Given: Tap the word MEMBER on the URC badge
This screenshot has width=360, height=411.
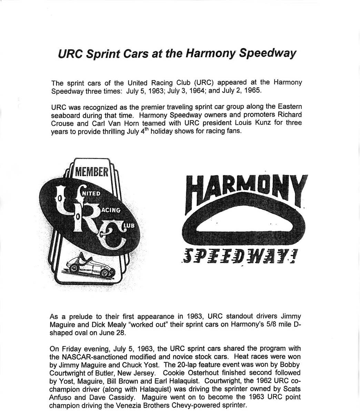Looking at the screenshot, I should (x=92, y=172).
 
